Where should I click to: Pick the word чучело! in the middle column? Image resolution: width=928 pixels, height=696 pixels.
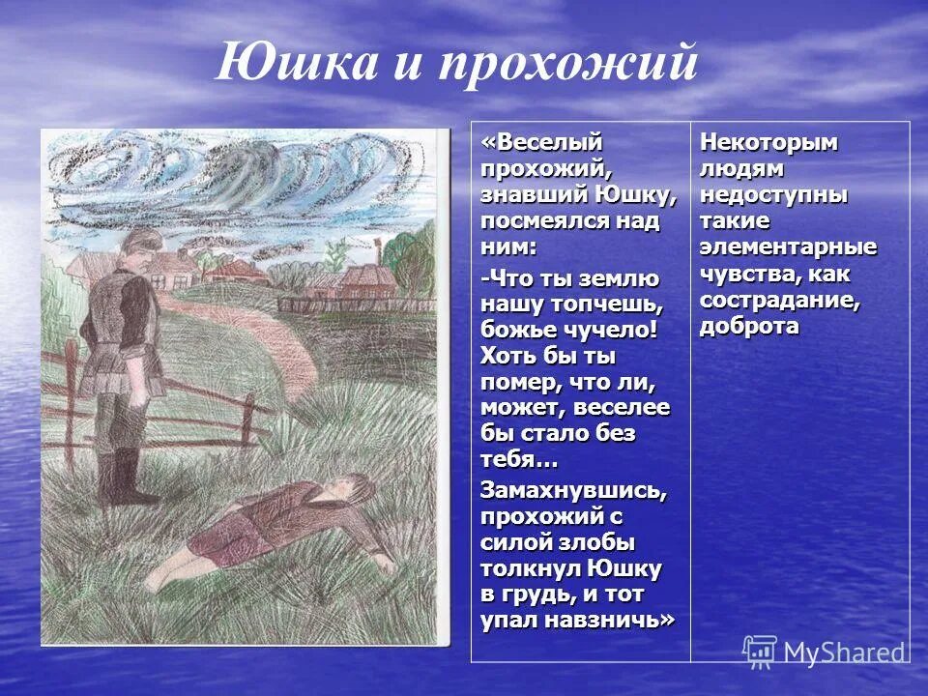click(x=606, y=331)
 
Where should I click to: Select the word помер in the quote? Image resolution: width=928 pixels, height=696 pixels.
click(x=521, y=383)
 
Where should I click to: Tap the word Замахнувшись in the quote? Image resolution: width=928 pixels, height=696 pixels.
click(x=573, y=490)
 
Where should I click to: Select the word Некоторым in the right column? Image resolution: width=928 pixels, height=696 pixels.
click(x=768, y=142)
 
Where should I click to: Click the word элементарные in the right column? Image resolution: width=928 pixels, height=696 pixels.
click(x=788, y=247)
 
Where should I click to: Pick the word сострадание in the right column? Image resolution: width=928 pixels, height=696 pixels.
click(x=779, y=300)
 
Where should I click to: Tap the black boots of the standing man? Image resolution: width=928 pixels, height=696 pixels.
click(x=121, y=478)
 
